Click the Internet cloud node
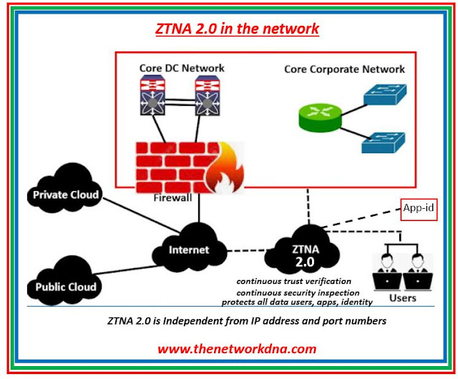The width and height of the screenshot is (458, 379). pyautogui.click(x=190, y=250)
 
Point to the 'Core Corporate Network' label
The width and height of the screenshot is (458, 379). pyautogui.click(x=344, y=69)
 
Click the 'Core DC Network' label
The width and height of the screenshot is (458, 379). pyautogui.click(x=182, y=68)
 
